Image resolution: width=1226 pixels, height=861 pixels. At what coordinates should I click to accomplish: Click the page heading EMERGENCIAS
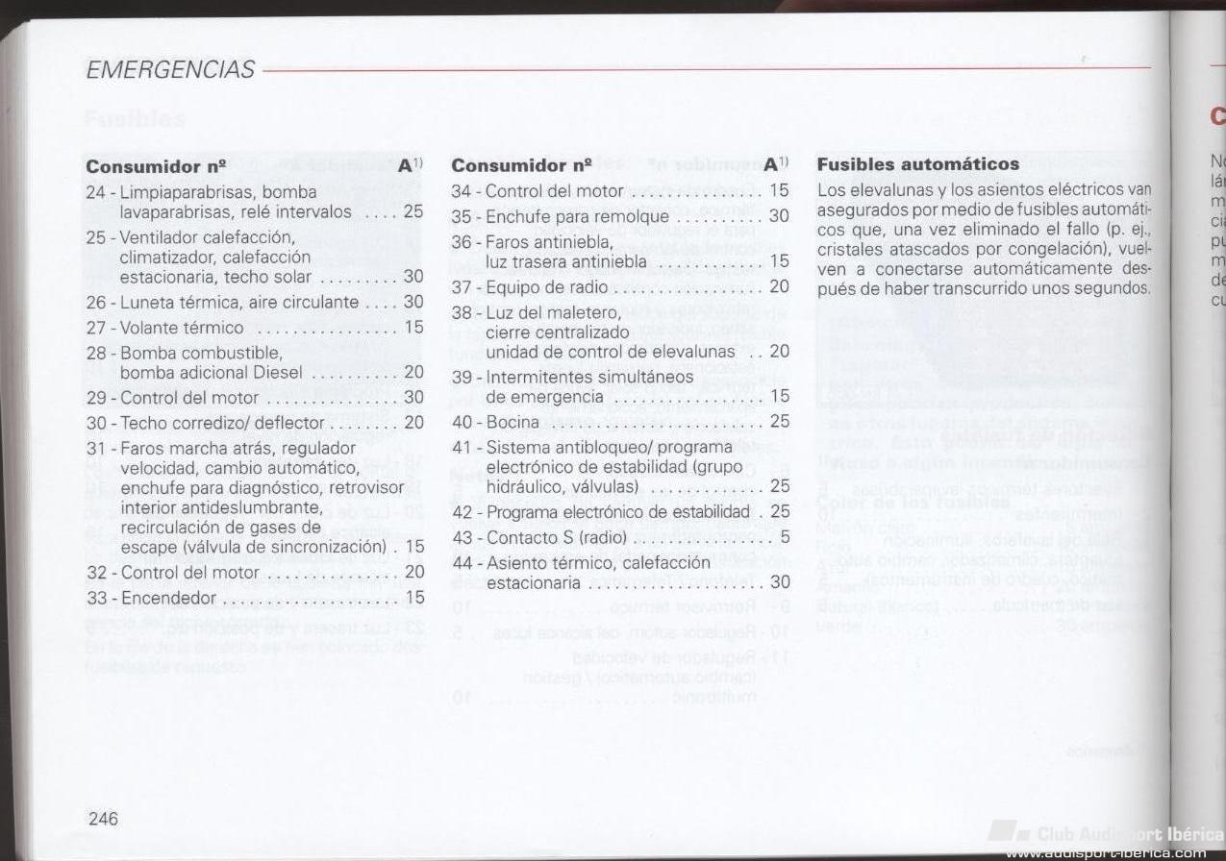170,70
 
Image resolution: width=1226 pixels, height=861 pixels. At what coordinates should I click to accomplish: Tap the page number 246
104,819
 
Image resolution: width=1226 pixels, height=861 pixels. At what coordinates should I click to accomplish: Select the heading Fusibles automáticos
917,164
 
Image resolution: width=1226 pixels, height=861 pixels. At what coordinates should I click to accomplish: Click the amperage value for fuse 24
413,211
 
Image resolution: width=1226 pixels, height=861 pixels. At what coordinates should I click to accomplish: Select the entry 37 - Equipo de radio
530,286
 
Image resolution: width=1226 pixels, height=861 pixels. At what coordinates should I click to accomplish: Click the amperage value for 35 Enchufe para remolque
779,216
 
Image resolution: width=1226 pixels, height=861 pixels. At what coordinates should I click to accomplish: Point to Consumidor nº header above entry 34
521,165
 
